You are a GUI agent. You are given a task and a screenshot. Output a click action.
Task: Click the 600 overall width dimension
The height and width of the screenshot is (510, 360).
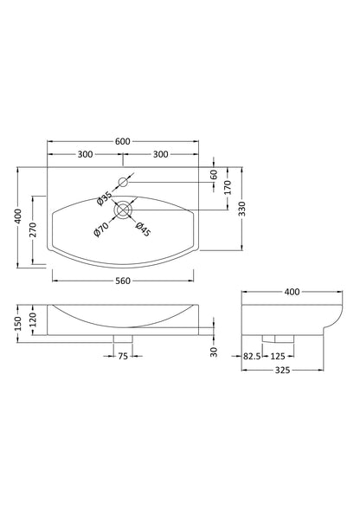(123, 141)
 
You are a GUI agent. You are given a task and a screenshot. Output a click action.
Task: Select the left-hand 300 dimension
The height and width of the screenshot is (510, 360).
(85, 154)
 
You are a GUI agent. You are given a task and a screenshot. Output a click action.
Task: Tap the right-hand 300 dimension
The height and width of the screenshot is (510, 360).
(160, 154)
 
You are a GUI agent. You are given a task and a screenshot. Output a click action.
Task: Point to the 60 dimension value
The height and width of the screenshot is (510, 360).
(214, 175)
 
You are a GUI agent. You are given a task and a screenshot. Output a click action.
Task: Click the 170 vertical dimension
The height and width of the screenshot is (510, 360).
(228, 187)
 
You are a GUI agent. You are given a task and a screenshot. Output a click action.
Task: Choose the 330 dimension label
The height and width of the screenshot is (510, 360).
(242, 210)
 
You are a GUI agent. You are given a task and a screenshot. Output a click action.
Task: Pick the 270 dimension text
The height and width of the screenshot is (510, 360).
(33, 230)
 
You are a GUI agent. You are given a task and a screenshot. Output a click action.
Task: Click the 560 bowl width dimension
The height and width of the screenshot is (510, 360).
(123, 281)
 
